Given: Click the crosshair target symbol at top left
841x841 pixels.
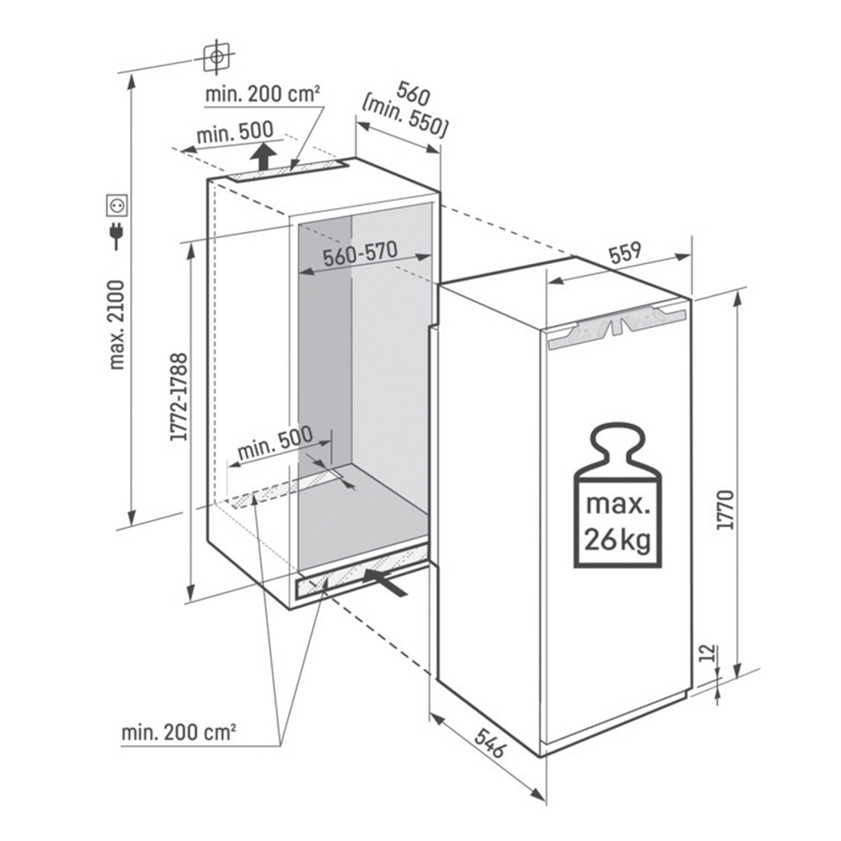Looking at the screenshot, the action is point(217,56).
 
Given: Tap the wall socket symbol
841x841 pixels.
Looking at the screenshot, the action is point(116,205).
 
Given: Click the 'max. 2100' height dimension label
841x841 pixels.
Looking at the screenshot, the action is point(116,325).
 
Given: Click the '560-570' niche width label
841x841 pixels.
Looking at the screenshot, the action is point(360,254).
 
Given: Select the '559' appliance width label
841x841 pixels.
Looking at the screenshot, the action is point(624,252).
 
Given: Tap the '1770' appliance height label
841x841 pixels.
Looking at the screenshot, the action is point(725,510).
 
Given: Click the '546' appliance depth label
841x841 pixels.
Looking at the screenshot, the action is point(489,743).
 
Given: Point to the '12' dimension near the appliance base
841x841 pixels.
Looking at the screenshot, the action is point(708,653).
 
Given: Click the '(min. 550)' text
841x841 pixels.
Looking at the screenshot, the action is point(405,120).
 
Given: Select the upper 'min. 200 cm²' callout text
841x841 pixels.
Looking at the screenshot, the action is point(262,94).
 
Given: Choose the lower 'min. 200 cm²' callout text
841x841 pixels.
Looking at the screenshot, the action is point(178,733).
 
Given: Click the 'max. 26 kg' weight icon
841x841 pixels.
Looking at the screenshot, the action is point(617,495).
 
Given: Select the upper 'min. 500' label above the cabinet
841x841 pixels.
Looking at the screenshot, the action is point(235,133).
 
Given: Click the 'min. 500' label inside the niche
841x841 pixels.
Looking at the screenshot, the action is point(275,443).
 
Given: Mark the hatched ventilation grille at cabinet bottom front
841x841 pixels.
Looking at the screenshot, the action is point(362,571).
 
